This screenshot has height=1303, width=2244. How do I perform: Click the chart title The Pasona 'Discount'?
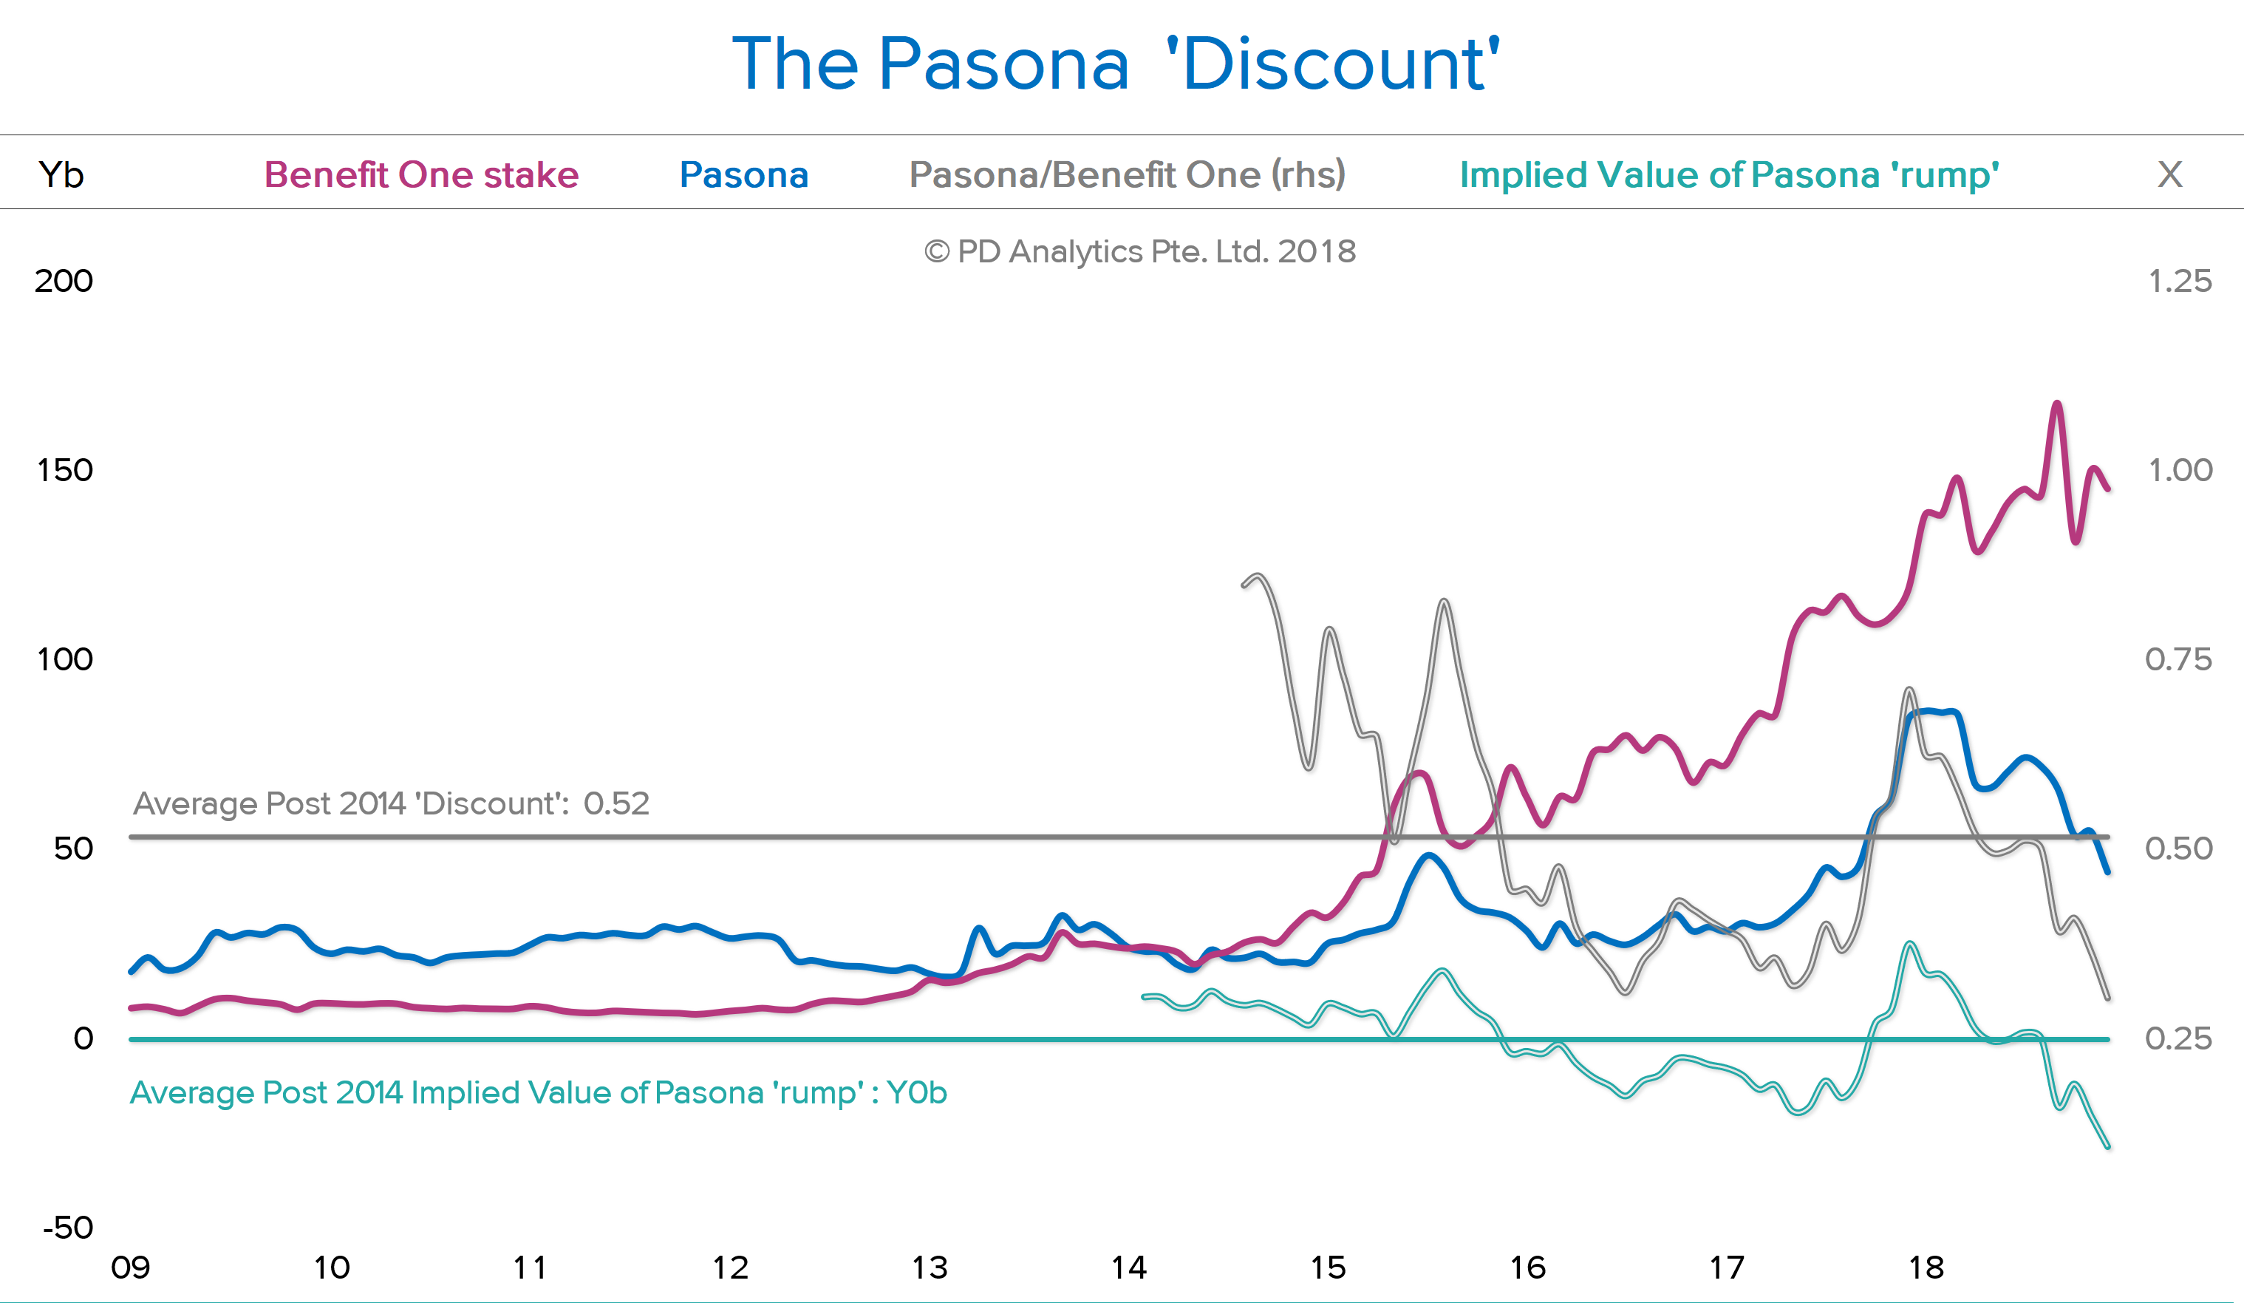click(x=1116, y=64)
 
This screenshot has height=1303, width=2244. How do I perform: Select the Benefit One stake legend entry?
click(x=421, y=174)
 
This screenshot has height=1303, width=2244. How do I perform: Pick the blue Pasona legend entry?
click(x=743, y=174)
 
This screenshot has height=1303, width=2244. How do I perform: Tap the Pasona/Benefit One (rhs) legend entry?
click(x=1127, y=174)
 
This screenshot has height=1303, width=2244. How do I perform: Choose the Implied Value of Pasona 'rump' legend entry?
click(x=1729, y=174)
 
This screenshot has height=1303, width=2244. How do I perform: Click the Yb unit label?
click(x=61, y=174)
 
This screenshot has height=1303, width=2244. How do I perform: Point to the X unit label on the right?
click(x=2169, y=174)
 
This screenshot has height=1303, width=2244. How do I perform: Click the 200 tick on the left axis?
click(x=64, y=281)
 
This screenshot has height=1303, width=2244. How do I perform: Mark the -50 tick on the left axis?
click(x=68, y=1228)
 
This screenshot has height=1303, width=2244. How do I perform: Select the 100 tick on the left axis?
click(x=65, y=659)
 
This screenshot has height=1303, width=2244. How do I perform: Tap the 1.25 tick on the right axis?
click(x=2180, y=281)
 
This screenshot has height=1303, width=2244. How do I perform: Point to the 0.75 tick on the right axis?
click(x=2178, y=659)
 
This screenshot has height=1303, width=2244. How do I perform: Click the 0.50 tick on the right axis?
click(x=2178, y=848)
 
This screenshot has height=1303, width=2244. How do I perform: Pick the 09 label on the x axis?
click(x=130, y=1268)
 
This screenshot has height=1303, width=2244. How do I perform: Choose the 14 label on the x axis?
click(x=1128, y=1268)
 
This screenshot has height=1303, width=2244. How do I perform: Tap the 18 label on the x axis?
click(x=1926, y=1268)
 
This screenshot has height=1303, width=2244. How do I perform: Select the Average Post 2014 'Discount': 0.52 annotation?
click(x=391, y=803)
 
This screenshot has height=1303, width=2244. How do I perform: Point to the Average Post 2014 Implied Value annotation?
click(x=538, y=1093)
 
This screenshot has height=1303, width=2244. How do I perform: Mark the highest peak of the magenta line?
click(x=2057, y=404)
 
